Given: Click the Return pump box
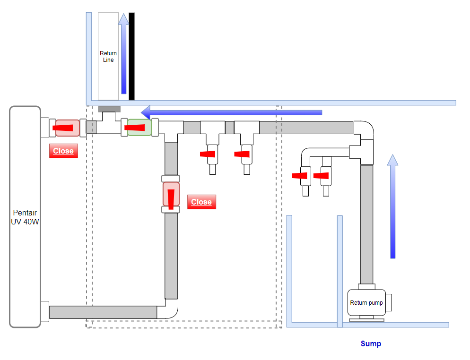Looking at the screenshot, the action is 366,302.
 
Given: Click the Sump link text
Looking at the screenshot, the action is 371,343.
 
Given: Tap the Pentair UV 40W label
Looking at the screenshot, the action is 25,217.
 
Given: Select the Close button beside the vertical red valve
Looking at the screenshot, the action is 201,202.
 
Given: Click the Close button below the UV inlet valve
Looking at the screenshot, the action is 63,151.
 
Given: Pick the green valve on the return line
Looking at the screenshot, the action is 139,128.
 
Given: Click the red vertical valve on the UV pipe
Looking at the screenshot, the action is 171,194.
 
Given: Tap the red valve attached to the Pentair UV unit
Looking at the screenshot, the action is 68,128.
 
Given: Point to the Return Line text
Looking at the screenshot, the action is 108,56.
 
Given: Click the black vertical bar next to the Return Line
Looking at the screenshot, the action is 131,56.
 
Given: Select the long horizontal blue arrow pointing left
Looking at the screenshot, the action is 231,112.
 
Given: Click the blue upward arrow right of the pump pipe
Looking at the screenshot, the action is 392,206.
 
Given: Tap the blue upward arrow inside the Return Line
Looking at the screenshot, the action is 123,53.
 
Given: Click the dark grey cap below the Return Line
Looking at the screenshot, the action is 109,109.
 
